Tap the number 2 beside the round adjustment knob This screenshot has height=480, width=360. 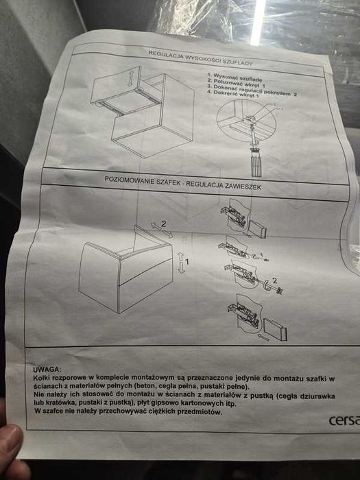point(274,280)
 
